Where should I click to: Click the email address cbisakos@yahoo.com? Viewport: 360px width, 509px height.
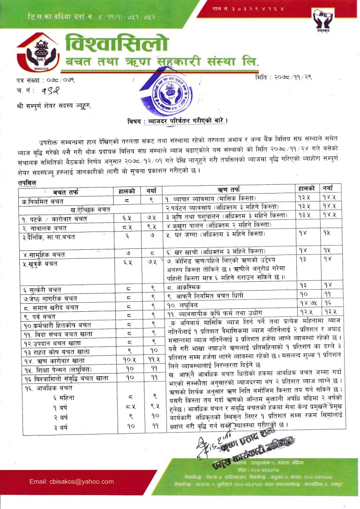(72, 481)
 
